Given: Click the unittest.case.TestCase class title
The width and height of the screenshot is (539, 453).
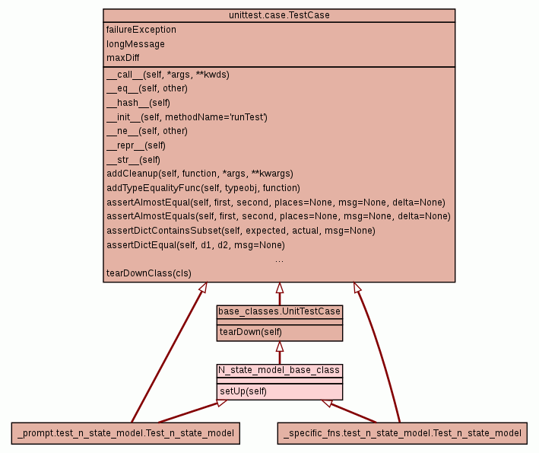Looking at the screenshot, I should click(279, 15).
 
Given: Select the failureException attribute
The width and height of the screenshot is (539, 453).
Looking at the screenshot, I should click(141, 30).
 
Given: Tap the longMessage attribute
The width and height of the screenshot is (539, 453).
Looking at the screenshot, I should click(135, 44).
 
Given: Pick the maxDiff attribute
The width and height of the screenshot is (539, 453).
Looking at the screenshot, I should click(123, 58).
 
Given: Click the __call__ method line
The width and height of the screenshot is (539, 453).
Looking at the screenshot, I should click(168, 75).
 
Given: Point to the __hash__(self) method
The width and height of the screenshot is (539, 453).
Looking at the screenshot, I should click(138, 103).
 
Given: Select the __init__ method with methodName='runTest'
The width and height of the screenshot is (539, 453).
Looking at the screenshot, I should click(187, 117).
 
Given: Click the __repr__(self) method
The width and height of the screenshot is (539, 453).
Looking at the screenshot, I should click(136, 145).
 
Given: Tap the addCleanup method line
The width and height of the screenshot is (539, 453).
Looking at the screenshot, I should click(200, 174).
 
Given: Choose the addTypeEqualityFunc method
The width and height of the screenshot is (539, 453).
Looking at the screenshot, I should click(203, 188).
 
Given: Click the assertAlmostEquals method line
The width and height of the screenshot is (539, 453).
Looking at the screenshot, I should click(278, 216).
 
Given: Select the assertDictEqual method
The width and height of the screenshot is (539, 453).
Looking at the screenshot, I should click(195, 245).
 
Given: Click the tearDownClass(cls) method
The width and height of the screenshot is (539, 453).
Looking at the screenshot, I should click(149, 273).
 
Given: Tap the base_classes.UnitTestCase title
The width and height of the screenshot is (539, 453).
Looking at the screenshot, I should click(279, 311).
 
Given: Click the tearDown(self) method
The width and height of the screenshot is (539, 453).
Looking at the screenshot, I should click(250, 332).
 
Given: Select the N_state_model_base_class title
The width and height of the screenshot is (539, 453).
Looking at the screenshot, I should click(279, 370).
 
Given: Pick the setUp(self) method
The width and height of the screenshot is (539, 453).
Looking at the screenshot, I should click(243, 391).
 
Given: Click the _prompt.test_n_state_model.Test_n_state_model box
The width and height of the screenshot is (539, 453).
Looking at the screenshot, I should click(126, 433).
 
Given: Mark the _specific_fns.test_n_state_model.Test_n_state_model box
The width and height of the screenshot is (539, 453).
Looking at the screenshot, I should click(401, 433).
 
